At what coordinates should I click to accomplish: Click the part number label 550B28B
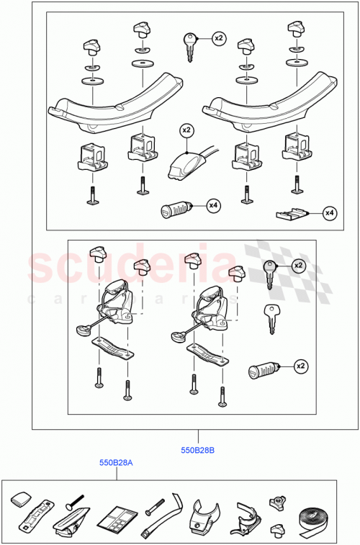click(198, 451)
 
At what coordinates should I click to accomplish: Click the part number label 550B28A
click(117, 463)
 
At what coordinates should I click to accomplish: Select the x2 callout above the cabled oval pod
click(186, 130)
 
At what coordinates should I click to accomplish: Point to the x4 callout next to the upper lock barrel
click(213, 207)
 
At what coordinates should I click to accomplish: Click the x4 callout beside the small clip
click(329, 212)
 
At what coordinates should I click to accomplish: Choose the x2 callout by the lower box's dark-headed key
click(298, 266)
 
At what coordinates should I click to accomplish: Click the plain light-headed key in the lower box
click(270, 317)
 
